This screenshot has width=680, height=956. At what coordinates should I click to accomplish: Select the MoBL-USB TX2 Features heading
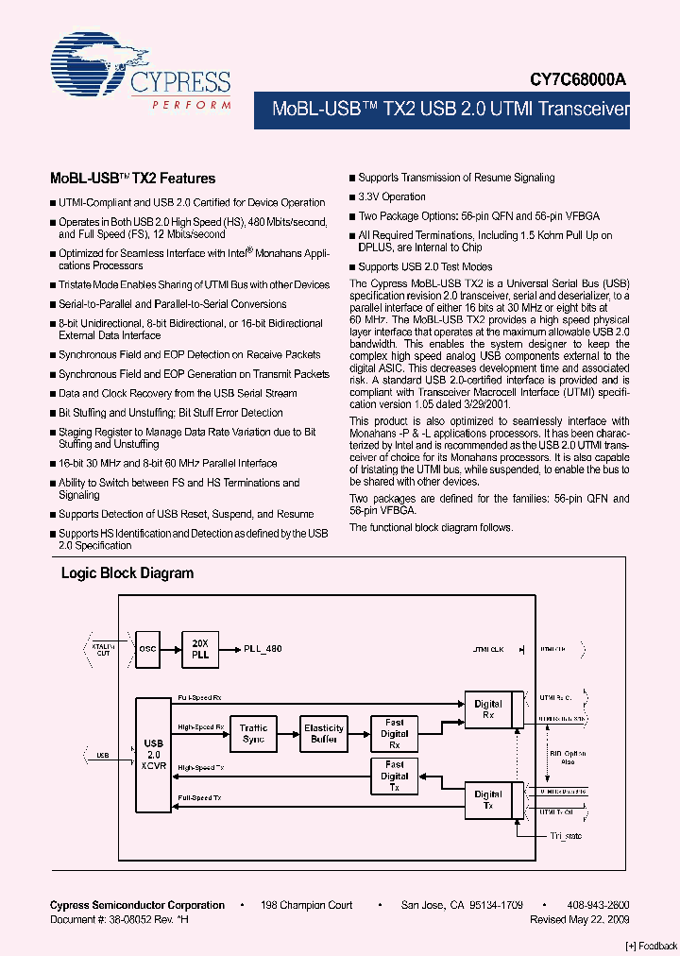(x=132, y=179)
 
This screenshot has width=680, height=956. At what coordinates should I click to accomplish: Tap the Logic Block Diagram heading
(x=127, y=573)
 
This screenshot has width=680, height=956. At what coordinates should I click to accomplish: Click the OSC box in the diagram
(x=148, y=649)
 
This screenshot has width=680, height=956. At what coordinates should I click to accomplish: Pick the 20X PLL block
(x=199, y=648)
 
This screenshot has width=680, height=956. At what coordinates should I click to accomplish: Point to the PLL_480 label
(x=263, y=649)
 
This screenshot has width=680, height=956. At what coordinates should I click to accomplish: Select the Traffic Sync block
(x=253, y=733)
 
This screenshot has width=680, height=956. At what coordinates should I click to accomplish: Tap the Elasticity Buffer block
(x=324, y=733)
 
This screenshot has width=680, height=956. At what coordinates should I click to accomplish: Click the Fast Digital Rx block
(x=395, y=733)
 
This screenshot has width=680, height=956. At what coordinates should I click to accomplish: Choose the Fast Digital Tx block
(x=395, y=776)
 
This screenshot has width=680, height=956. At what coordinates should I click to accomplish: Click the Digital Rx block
(x=488, y=709)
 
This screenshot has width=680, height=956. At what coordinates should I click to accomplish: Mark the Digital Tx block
(x=488, y=800)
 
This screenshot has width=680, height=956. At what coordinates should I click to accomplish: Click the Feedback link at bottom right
(x=652, y=946)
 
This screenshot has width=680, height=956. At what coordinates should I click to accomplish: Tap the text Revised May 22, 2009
(x=580, y=919)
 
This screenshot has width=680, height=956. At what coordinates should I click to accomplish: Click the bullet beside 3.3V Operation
(x=352, y=197)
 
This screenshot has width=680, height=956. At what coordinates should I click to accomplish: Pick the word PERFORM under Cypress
(x=192, y=104)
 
